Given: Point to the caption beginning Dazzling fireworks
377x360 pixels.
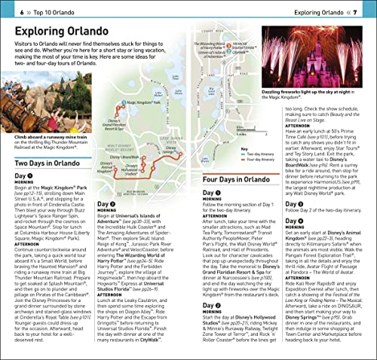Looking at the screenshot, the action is coord(319,115).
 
